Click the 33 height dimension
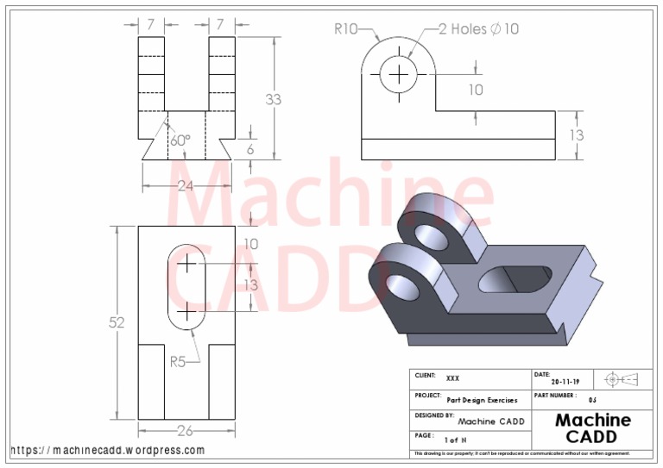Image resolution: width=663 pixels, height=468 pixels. [273, 99]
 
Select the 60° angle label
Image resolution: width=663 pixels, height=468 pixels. [180, 140]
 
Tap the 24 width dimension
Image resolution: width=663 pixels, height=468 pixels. [186, 185]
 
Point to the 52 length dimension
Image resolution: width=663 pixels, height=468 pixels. [117, 322]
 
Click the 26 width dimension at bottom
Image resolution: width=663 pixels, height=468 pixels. [186, 430]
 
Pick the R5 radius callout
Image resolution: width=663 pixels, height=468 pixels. [178, 362]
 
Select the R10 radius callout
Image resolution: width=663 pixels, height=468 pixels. [346, 28]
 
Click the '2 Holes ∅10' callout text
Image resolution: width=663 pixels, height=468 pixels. [478, 28]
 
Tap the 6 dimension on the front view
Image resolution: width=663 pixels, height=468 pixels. [251, 148]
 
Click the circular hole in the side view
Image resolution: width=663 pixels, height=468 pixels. [399, 74]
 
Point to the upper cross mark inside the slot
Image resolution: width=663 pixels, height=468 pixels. [186, 264]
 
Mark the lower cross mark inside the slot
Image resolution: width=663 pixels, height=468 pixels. [186, 309]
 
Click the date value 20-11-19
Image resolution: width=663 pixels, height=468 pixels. [565, 382]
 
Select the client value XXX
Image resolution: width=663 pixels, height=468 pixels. [453, 378]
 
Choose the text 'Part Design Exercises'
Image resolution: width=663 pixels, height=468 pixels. [482, 400]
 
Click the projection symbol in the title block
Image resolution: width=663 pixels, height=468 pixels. [621, 379]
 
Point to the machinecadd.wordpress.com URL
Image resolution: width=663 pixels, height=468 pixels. [108, 450]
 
